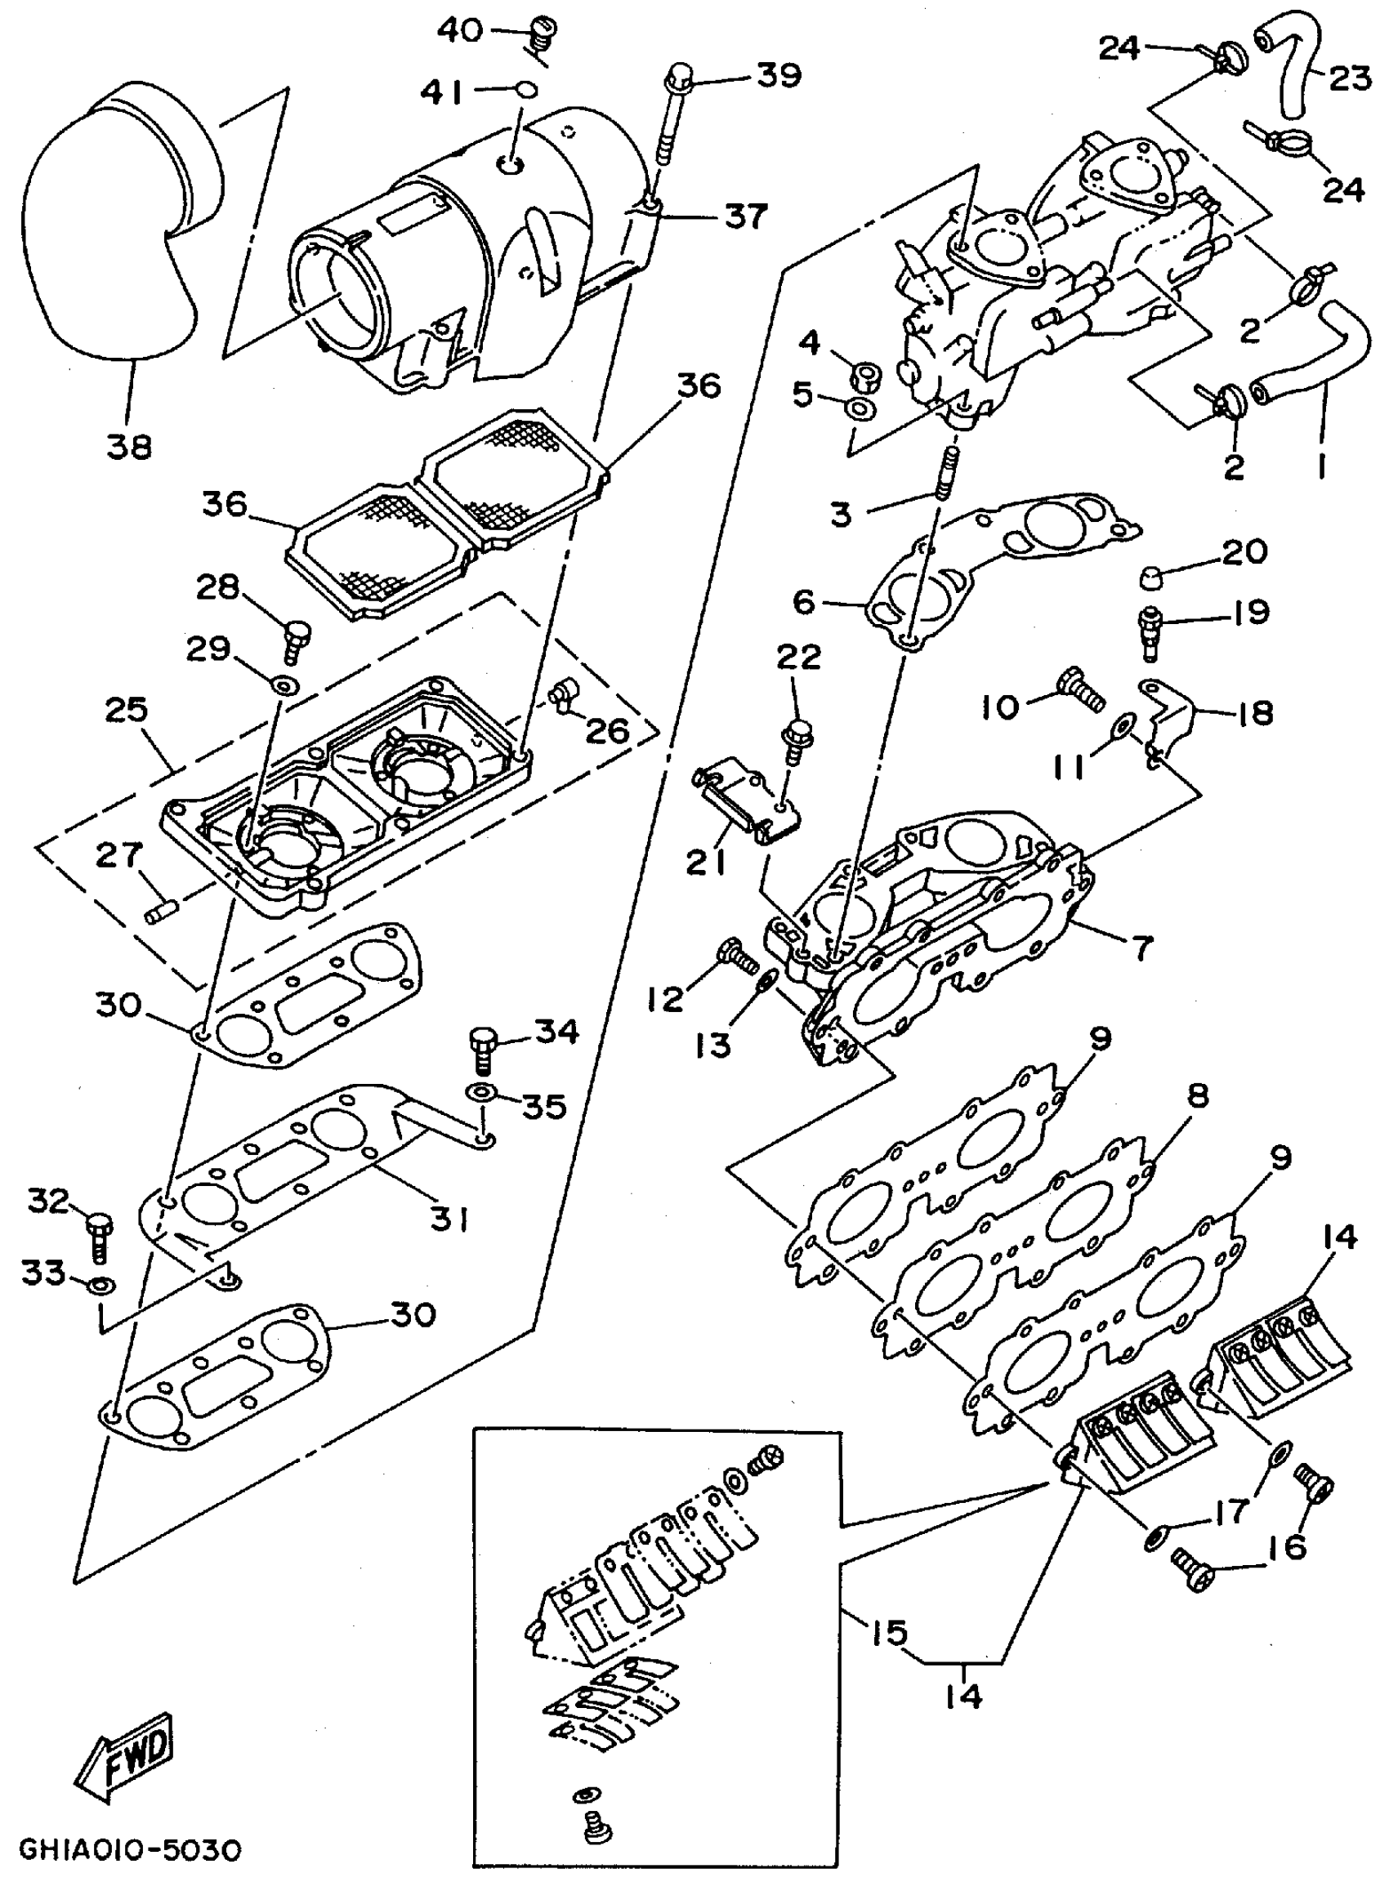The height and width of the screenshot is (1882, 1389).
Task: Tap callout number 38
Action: [x=128, y=445]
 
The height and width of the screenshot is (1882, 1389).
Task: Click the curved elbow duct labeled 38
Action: [x=109, y=227]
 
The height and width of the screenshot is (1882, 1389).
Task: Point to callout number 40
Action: [x=460, y=31]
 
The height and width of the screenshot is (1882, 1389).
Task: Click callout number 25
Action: [x=126, y=711]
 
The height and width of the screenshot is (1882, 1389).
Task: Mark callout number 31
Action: [x=450, y=1218]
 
